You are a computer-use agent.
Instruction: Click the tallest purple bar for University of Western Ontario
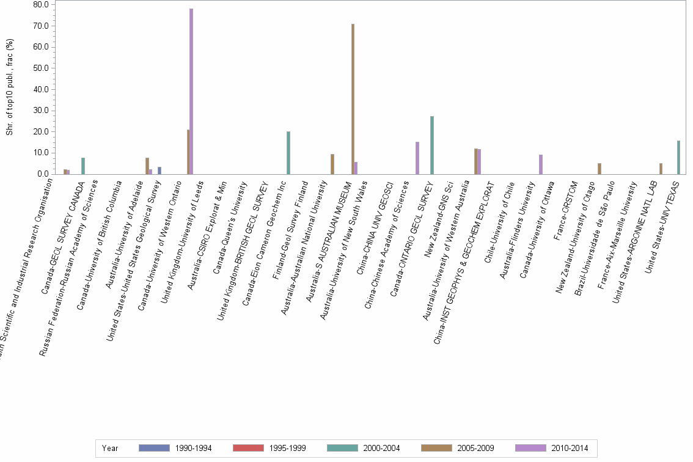(x=191, y=92)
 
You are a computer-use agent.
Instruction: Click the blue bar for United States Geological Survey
(x=159, y=170)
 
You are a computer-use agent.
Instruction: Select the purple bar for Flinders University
(x=541, y=164)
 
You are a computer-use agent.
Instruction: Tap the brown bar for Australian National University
(x=332, y=164)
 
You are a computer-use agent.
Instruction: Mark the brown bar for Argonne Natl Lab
(x=661, y=169)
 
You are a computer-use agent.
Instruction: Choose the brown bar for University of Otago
(x=599, y=169)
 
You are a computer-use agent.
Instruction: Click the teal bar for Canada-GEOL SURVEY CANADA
(x=83, y=166)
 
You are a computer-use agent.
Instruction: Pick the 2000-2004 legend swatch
(x=342, y=448)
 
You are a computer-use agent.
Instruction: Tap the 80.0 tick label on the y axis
(x=42, y=5)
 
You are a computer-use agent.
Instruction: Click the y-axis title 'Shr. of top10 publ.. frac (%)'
(x=9, y=89)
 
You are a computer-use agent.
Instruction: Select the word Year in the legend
(x=111, y=448)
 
